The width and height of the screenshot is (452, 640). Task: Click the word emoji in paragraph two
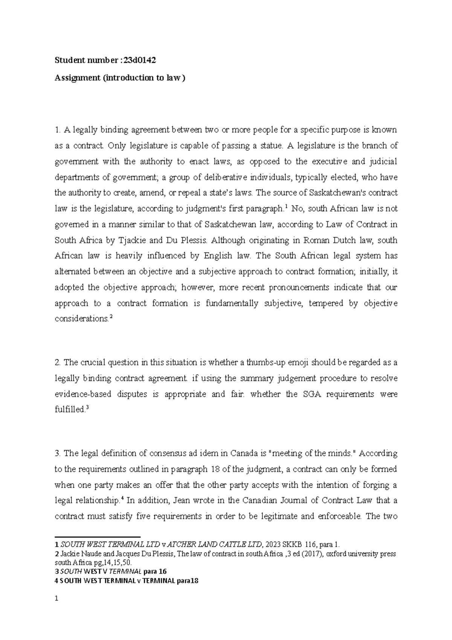point(299,363)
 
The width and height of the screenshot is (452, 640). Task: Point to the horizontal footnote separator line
point(98,537)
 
